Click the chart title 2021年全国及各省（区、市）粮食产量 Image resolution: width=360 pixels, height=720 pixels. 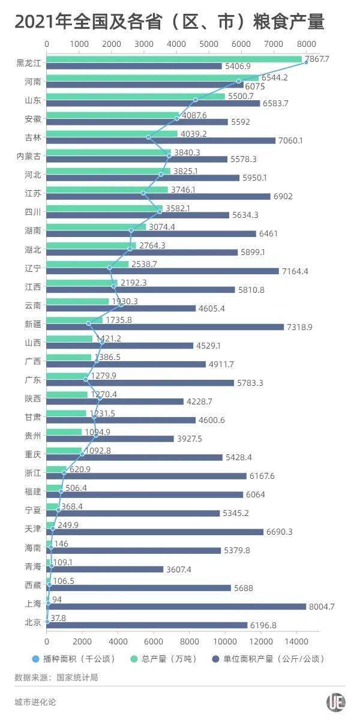click(169, 22)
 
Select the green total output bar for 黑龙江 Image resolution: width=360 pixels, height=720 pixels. click(174, 59)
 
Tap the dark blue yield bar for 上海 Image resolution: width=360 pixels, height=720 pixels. click(176, 607)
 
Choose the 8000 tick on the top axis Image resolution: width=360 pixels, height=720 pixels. click(306, 44)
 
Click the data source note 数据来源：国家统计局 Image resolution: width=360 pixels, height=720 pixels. click(56, 677)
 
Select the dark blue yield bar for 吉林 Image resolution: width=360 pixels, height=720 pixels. click(161, 140)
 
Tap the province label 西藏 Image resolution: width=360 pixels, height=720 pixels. click(33, 584)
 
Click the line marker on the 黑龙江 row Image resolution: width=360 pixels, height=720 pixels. click(306, 62)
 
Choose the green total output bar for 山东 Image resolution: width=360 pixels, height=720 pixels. click(136, 96)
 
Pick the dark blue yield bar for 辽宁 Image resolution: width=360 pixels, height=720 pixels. click(163, 271)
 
